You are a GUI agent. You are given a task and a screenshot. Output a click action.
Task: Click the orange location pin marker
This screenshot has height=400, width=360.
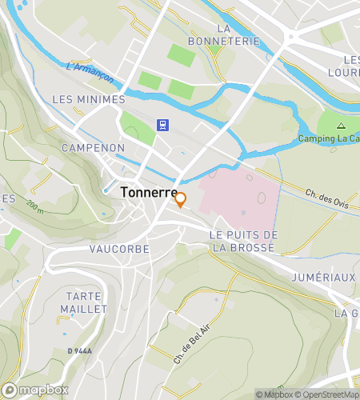point(181,200)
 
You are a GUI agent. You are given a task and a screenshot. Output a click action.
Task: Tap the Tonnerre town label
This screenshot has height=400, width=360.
point(149,193)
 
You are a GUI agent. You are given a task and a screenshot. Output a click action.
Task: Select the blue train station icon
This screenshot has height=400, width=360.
point(162,125)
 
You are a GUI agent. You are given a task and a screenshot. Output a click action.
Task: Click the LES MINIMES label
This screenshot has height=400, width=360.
point(88,99)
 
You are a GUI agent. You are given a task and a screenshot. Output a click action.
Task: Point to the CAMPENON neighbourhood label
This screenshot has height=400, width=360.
point(93,148)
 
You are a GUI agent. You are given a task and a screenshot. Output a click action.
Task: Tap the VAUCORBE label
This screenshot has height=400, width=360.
point(119,249)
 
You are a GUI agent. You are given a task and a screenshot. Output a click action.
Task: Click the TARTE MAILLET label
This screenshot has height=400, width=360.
point(82,302)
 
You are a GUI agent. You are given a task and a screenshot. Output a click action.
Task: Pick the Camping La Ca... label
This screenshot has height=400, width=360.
point(328,138)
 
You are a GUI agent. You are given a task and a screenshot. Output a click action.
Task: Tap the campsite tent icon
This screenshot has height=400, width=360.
point(341,126)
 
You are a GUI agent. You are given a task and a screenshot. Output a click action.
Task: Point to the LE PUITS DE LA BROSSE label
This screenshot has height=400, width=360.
point(243,241)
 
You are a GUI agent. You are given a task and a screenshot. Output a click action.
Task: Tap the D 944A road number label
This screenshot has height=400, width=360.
point(80,351)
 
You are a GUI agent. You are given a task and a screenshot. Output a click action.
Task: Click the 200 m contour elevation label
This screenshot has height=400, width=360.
point(34,211)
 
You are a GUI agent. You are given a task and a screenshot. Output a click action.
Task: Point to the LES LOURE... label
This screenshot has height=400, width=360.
point(350,66)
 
